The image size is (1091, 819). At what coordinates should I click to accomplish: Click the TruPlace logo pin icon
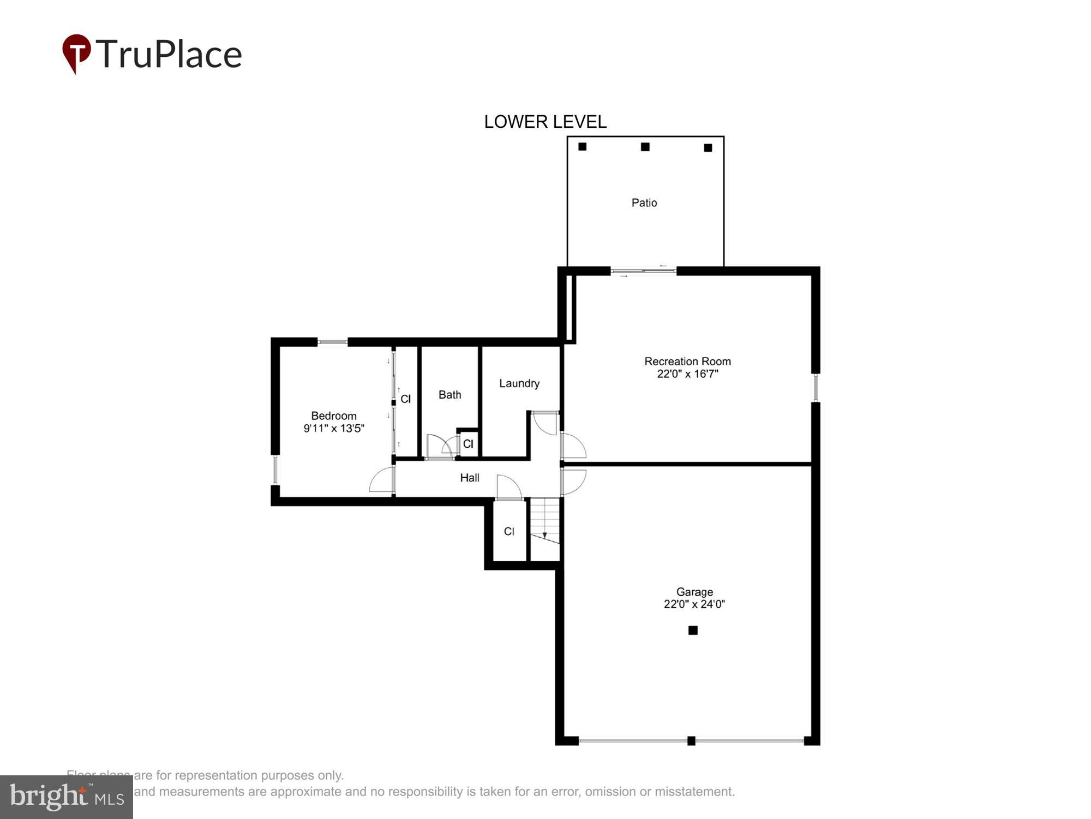[x=76, y=53]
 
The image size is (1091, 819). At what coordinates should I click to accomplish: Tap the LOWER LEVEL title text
[x=545, y=122]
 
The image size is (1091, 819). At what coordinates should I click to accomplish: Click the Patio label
[x=644, y=203]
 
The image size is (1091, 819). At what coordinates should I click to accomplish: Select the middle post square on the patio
[x=645, y=147]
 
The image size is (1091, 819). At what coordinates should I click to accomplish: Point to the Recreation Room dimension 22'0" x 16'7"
[x=687, y=374]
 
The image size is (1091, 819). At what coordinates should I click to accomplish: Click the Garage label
[x=694, y=592]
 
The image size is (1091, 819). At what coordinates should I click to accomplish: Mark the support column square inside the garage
[x=693, y=630]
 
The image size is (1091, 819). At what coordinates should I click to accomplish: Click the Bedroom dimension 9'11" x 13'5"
[x=333, y=429]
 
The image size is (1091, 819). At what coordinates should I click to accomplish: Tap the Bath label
[x=449, y=395]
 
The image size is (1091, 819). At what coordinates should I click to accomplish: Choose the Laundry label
[x=519, y=383]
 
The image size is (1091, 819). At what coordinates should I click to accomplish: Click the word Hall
[x=469, y=478]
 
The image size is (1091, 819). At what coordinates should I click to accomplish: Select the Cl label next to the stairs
[x=508, y=531]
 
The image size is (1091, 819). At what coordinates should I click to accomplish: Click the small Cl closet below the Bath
[x=468, y=444]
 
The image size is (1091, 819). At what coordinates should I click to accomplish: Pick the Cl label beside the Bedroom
[x=405, y=399]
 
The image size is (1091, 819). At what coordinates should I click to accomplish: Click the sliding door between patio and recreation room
[x=643, y=270]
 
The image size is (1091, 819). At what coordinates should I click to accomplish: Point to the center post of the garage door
[x=691, y=741]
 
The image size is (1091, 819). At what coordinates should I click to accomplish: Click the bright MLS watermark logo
[x=67, y=797]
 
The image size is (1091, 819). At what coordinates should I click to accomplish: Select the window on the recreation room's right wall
[x=816, y=388]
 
